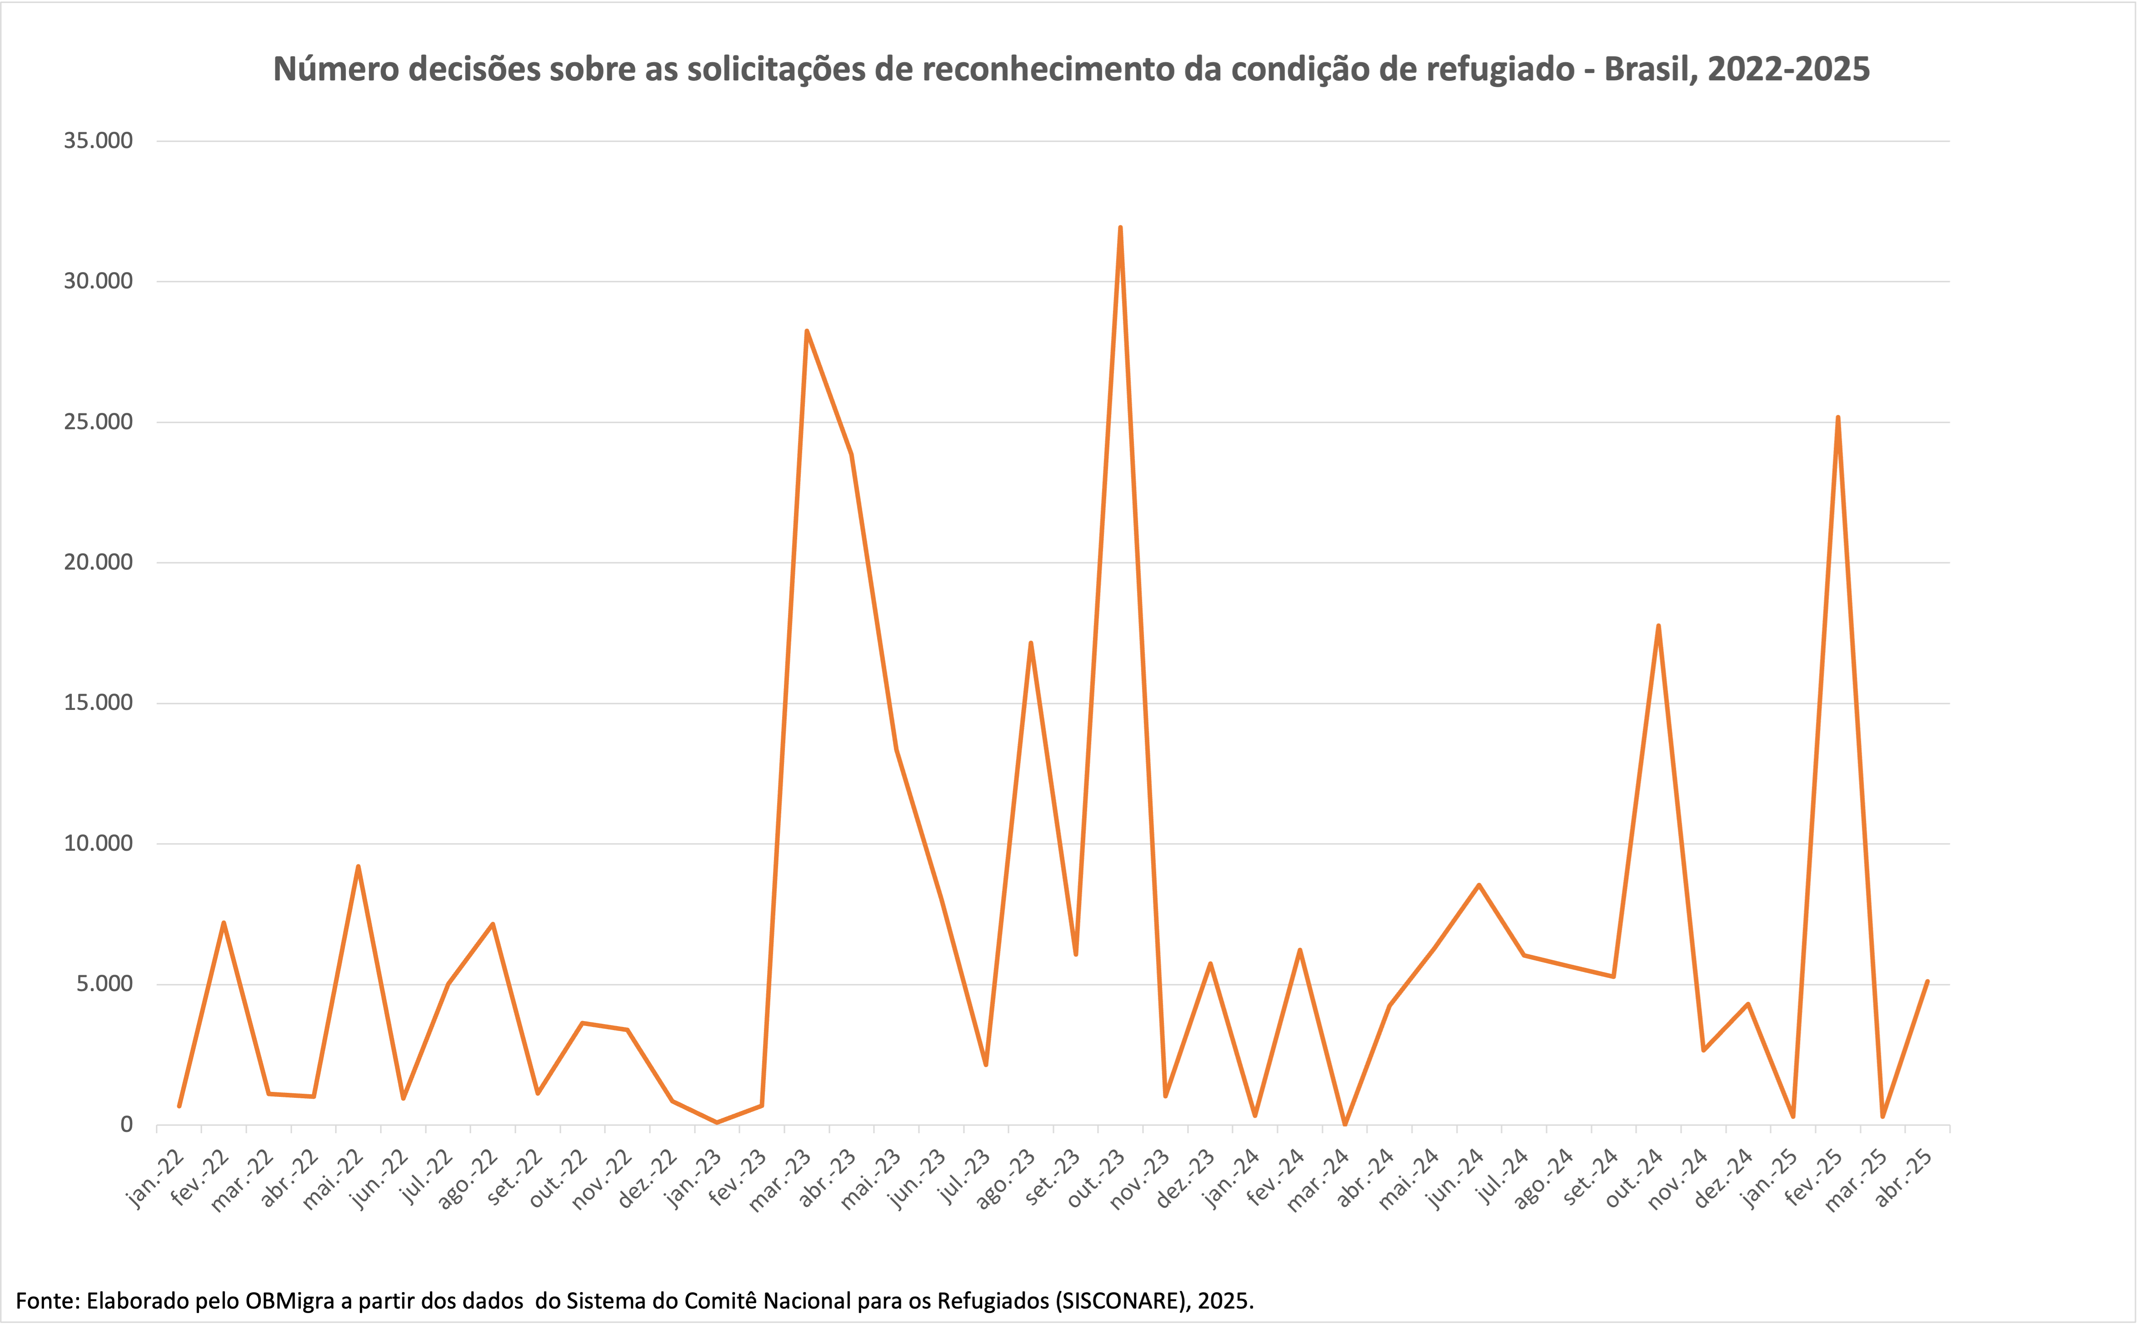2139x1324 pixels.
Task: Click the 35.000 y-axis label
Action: click(x=98, y=141)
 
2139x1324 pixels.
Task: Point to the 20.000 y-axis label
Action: click(x=98, y=562)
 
